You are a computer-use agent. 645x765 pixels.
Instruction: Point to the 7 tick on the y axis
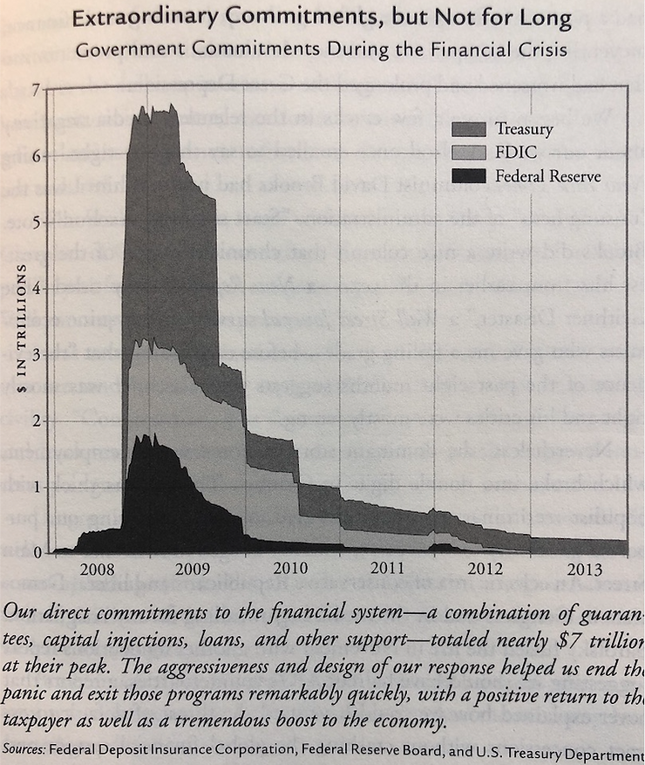point(35,90)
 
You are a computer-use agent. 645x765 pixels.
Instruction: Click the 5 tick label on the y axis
point(35,222)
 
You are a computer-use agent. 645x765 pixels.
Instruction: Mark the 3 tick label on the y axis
point(35,355)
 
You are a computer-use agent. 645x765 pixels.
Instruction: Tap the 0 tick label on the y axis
point(35,553)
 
